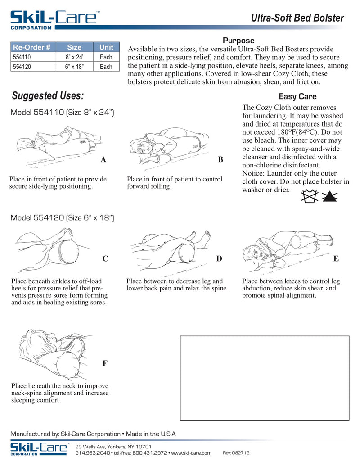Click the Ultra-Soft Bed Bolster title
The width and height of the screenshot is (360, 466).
pos(297,18)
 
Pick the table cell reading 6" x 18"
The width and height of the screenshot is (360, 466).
pos(74,67)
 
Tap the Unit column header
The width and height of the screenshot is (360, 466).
pos(106,47)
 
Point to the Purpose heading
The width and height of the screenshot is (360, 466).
pos(238,41)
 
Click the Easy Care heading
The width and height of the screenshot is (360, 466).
pos(297,96)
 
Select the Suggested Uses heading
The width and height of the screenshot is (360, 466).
pos(48,96)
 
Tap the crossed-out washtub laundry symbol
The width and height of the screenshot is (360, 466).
pos(310,196)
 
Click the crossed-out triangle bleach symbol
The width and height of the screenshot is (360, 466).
pos(331,196)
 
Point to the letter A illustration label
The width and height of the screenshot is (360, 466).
pos(103,159)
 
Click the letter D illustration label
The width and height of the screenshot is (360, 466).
pos(219,258)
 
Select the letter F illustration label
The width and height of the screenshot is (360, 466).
pos(104,363)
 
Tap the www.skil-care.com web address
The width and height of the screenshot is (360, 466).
pos(191,453)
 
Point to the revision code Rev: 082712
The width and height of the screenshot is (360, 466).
pos(236,453)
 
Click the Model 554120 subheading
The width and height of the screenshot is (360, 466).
pos(62,218)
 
